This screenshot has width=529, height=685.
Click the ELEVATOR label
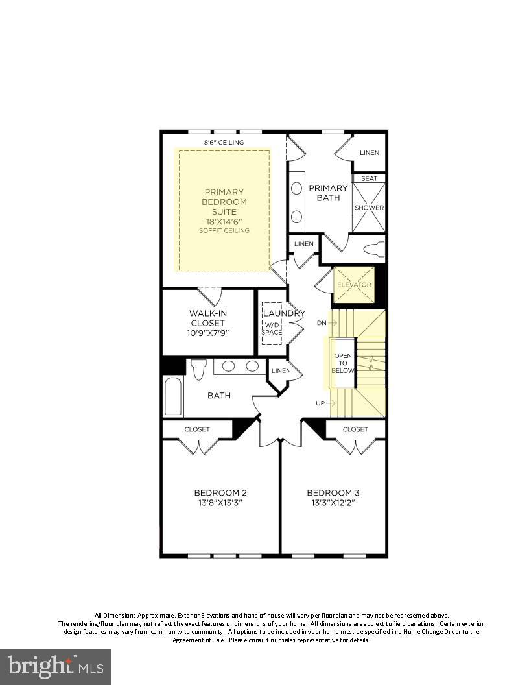click(353, 285)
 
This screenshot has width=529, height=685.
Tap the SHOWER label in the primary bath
click(369, 208)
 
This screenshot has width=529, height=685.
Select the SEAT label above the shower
click(369, 178)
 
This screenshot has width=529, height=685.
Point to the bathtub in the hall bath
click(173, 396)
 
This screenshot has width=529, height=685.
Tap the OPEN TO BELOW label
click(343, 363)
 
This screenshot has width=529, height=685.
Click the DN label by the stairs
click(322, 322)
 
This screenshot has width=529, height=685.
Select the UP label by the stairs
click(320, 403)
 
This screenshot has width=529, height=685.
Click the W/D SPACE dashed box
click(272, 328)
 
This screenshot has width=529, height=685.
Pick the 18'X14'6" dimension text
click(224, 221)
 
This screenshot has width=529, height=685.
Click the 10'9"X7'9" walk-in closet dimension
click(209, 333)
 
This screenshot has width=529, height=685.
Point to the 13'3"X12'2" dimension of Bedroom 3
click(333, 503)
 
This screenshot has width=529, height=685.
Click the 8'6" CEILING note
click(224, 142)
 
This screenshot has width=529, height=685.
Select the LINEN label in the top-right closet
click(369, 153)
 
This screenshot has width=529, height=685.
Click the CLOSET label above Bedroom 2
click(197, 429)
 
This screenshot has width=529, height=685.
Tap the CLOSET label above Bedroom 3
click(355, 429)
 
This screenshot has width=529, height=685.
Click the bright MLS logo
click(55, 666)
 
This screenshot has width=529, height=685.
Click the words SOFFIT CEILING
click(224, 231)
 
